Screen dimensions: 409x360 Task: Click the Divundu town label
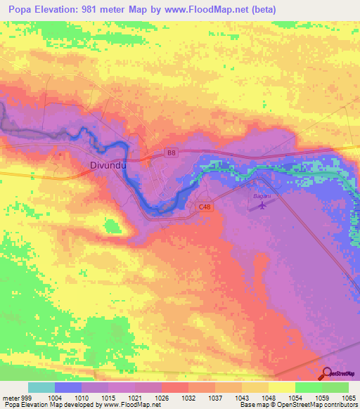(x=108, y=166)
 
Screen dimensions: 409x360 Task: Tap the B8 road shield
(x=171, y=152)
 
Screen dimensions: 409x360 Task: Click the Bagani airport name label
(x=262, y=196)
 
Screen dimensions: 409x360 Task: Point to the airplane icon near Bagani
(x=262, y=206)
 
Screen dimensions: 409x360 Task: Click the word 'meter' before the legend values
(x=10, y=398)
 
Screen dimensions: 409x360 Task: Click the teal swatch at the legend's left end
(x=41, y=387)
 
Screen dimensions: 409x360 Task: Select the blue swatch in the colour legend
(x=68, y=387)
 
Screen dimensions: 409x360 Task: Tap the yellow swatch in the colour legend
(x=281, y=387)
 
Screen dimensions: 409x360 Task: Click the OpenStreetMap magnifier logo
(x=327, y=373)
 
